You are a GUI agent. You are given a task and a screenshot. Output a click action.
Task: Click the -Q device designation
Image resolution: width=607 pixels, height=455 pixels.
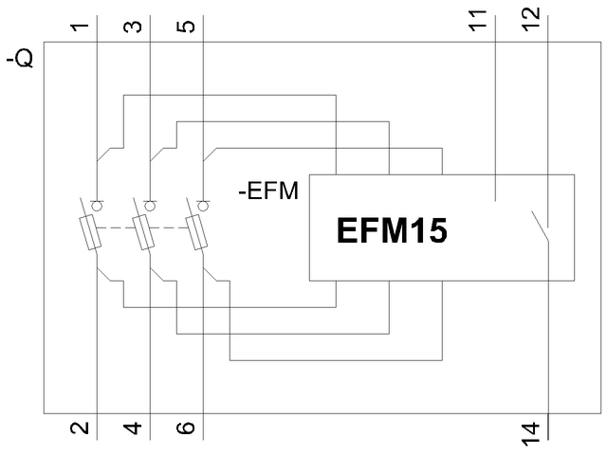tap(22, 63)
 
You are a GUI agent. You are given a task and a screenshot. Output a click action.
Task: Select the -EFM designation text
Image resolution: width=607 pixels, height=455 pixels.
tap(267, 192)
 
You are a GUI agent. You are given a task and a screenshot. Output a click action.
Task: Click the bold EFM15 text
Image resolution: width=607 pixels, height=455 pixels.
tap(392, 230)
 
